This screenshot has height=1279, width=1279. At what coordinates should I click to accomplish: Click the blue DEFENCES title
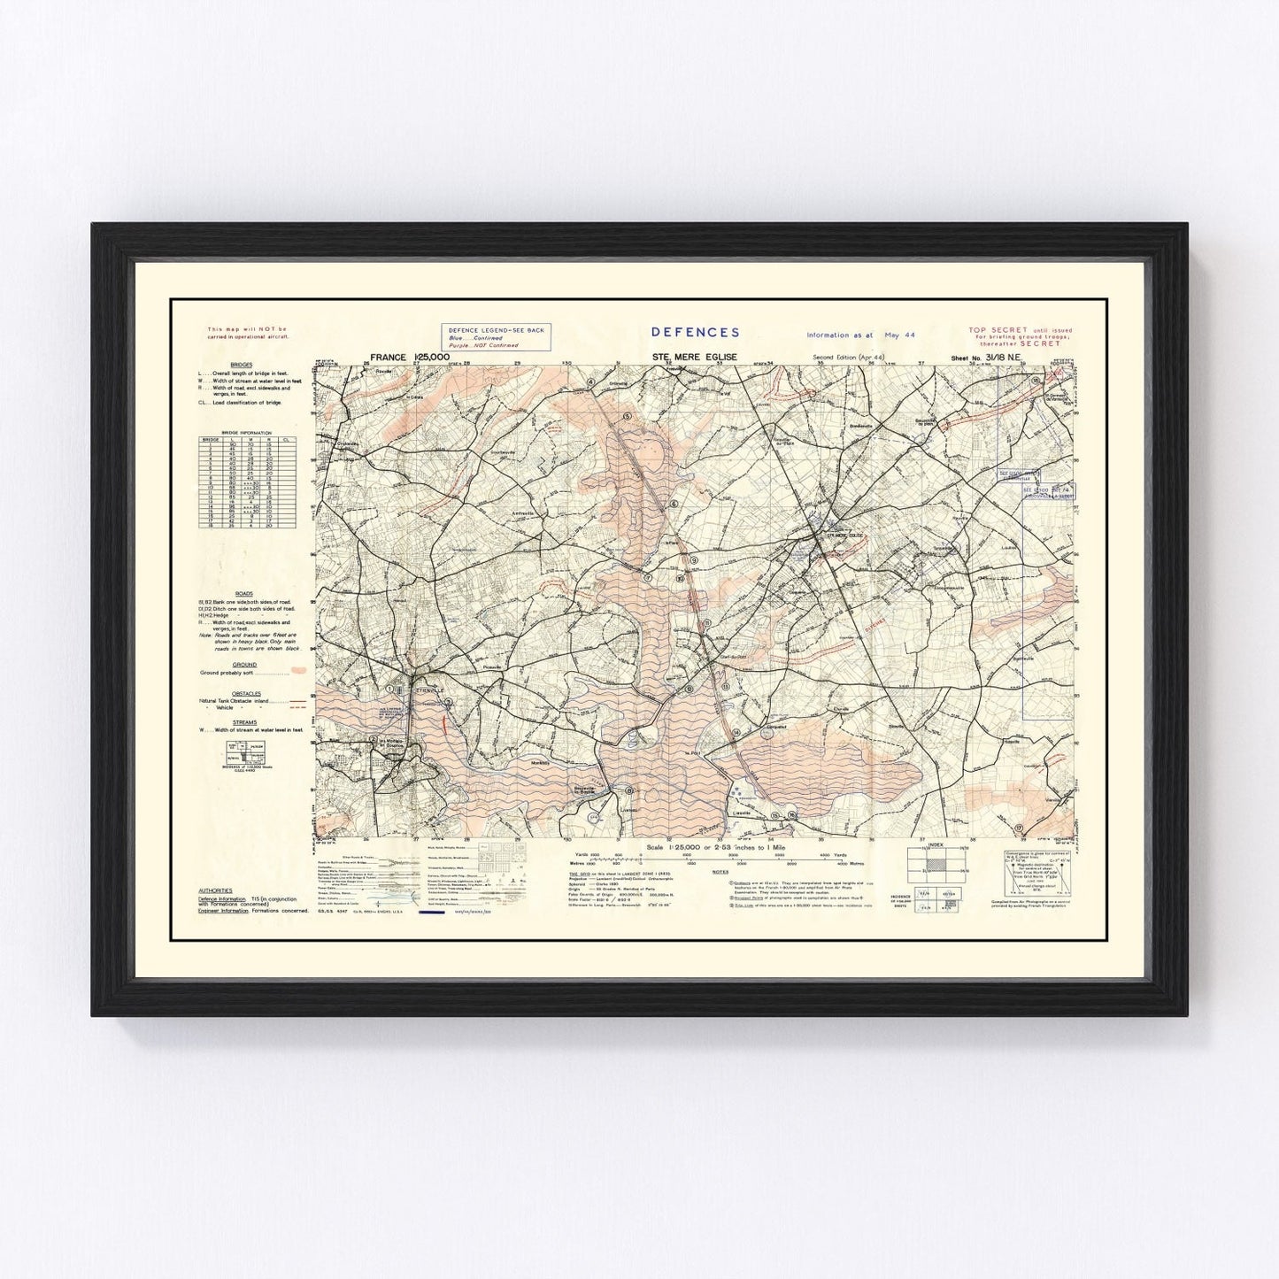[x=695, y=332]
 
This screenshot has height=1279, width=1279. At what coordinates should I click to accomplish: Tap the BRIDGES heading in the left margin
[x=241, y=365]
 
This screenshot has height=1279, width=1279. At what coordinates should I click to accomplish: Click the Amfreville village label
[x=526, y=512]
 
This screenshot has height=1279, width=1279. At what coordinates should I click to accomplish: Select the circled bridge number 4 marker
[x=589, y=382]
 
